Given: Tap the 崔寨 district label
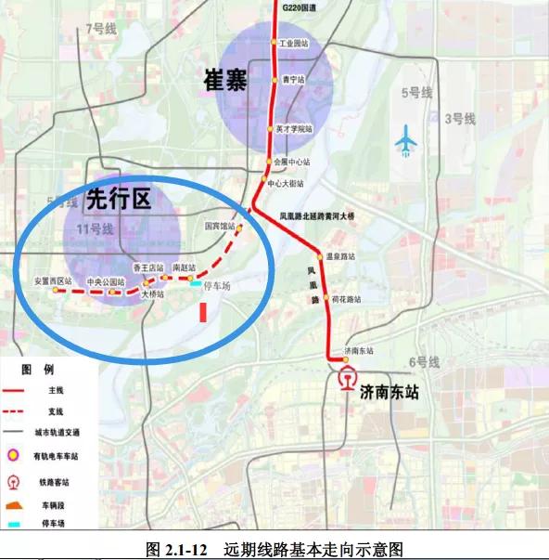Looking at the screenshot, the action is (224, 82).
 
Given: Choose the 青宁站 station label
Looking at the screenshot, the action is (294, 80).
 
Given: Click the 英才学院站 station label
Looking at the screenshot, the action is (294, 129).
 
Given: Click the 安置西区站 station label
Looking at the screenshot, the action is (53, 280).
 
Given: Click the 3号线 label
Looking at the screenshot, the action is (459, 118).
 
